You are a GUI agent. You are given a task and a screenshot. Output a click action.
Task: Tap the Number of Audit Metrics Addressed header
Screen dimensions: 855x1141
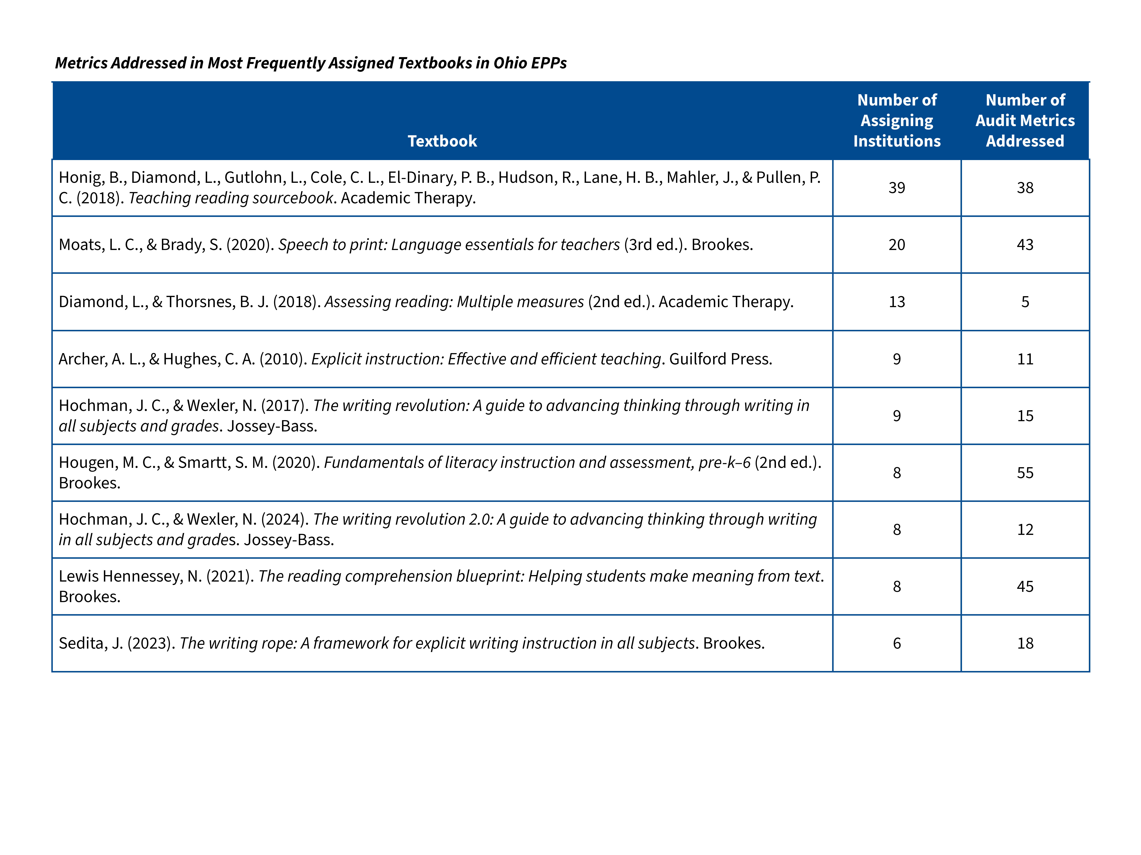click(x=1025, y=121)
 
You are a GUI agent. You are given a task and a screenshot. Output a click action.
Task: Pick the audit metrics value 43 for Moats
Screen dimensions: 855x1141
click(x=1025, y=244)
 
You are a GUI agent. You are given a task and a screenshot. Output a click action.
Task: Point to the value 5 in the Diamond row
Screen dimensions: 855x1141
click(x=1025, y=301)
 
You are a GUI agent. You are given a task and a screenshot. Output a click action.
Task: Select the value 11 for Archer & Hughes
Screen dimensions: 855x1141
click(x=1025, y=359)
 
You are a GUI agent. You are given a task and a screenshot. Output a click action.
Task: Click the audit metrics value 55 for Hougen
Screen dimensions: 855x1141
click(x=1025, y=473)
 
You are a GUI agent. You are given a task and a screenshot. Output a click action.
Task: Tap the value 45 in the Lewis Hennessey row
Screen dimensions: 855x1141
click(x=1025, y=587)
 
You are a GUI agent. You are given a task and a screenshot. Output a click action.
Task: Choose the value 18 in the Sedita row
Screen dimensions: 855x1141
click(x=1025, y=643)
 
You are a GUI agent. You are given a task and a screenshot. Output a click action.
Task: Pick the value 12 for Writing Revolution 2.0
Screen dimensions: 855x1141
click(x=1025, y=529)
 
